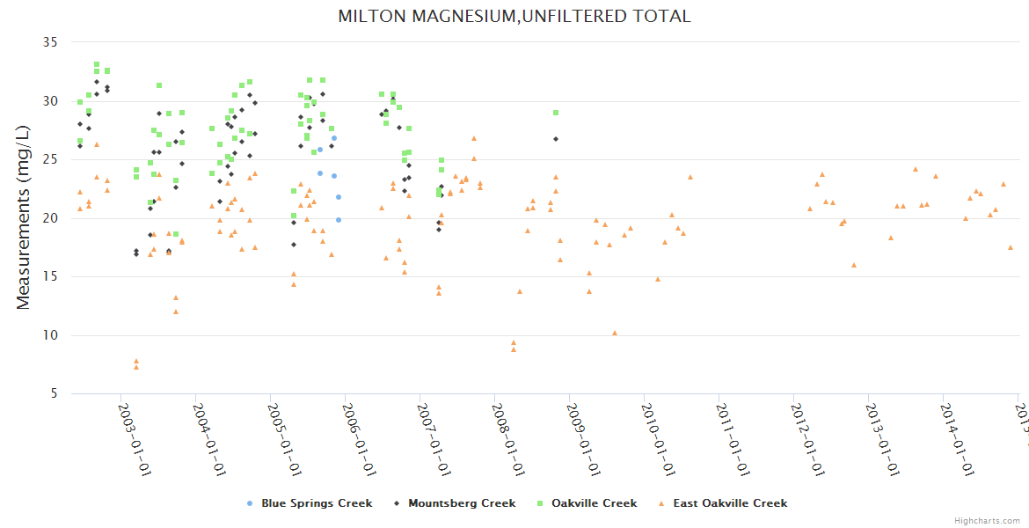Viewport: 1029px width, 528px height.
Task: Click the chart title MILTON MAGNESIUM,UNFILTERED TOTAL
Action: (514, 16)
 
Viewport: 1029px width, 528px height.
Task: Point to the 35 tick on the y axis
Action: (50, 42)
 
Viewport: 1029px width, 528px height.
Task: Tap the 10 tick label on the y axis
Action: (50, 335)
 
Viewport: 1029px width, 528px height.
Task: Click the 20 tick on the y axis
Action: (50, 218)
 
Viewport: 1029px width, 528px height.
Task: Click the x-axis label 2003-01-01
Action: (135, 439)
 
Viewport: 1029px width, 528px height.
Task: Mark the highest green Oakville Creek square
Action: (97, 64)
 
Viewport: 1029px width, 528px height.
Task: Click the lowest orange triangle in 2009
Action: (615, 333)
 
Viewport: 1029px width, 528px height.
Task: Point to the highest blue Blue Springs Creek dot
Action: (334, 138)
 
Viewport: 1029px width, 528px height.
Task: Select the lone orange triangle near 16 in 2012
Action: (854, 265)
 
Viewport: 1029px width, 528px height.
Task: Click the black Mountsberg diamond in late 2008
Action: (556, 139)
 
